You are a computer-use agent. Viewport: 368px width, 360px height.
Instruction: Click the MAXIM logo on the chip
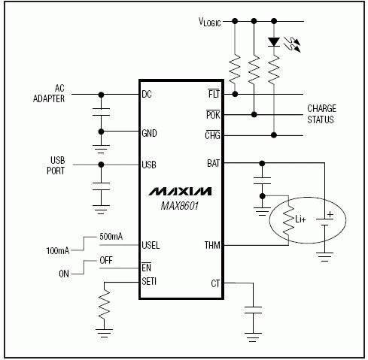[180, 191]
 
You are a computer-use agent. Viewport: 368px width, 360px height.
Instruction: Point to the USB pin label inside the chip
[149, 165]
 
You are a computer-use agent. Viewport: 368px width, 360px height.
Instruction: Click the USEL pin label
[151, 245]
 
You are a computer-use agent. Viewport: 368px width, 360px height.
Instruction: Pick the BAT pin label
[213, 162]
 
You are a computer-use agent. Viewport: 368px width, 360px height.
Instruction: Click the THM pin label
[212, 245]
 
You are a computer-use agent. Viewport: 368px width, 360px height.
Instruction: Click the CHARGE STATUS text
[321, 114]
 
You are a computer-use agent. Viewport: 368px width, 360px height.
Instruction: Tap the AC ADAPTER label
[49, 93]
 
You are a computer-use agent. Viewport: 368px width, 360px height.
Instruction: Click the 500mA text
[111, 236]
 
